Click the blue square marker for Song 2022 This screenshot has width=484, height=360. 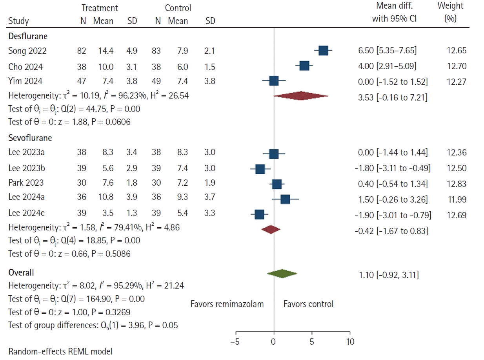click(323, 51)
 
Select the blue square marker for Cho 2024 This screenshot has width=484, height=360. click(304, 66)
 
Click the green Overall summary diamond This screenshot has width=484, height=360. click(282, 274)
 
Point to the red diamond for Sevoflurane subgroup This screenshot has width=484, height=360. click(271, 230)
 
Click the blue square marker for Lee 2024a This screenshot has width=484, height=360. click(285, 199)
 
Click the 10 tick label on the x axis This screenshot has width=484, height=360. click(350, 342)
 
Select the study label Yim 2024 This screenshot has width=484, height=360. click(25, 81)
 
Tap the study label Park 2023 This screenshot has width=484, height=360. click(26, 183)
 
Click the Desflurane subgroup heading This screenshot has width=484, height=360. click(28, 37)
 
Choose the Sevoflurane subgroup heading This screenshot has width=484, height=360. click(30, 138)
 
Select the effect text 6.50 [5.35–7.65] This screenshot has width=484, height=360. click(387, 51)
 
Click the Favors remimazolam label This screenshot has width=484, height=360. click(227, 304)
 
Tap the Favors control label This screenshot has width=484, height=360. click(308, 304)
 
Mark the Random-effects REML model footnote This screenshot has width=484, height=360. click(60, 351)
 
